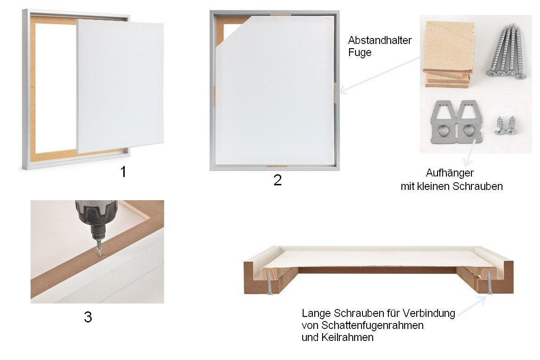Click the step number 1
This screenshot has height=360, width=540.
click(x=123, y=172)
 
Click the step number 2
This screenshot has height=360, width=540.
click(x=277, y=180)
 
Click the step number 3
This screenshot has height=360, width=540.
click(x=88, y=317)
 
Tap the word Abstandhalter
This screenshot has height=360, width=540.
click(x=380, y=40)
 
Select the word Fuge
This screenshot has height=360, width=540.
click(x=360, y=53)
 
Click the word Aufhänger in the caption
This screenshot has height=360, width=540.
click(x=450, y=173)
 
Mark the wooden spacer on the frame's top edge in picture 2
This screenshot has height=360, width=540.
click(x=281, y=15)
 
